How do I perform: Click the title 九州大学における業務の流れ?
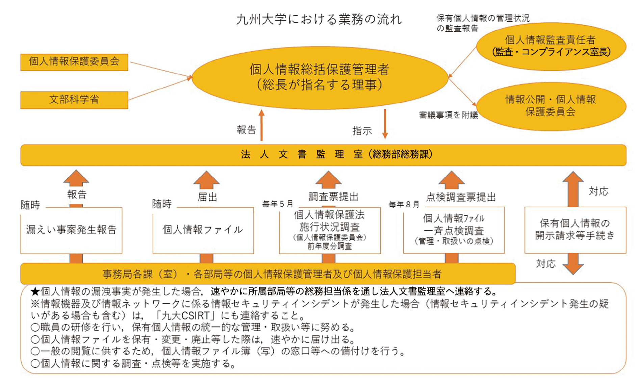[319, 20]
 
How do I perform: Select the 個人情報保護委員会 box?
[74, 62]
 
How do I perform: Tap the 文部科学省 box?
[74, 100]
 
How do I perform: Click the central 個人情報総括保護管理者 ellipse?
[319, 78]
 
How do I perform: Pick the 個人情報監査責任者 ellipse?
[550, 46]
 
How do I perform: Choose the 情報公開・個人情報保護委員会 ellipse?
[550, 106]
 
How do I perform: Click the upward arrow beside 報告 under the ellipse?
[261, 125]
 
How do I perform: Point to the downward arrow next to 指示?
[385, 124]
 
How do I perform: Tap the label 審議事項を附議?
[448, 115]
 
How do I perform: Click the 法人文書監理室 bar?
[323, 155]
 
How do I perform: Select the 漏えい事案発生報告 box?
[71, 230]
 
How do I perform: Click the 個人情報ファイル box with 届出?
[203, 230]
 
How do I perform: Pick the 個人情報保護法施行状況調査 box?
[330, 230]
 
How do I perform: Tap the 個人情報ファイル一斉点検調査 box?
[454, 230]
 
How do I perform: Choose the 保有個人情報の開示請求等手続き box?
[575, 230]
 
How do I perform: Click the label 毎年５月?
[278, 204]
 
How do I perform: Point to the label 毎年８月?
[404, 205]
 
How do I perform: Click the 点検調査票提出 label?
[461, 198]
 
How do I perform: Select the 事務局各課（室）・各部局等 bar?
[268, 274]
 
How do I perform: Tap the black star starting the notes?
[35, 291]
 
